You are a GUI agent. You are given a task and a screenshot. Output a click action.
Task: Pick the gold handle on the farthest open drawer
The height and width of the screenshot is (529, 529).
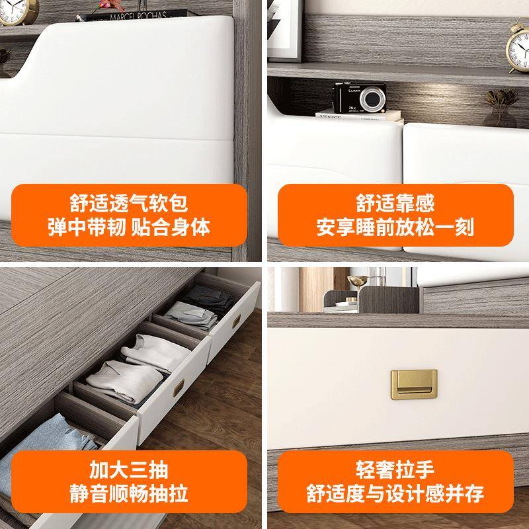pyautogui.click(x=236, y=322)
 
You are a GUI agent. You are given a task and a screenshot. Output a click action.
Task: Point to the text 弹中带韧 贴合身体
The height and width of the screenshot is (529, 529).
pyautogui.click(x=128, y=228)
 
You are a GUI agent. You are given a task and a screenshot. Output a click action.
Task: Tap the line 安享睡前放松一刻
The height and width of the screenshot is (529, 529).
pyautogui.click(x=395, y=228)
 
